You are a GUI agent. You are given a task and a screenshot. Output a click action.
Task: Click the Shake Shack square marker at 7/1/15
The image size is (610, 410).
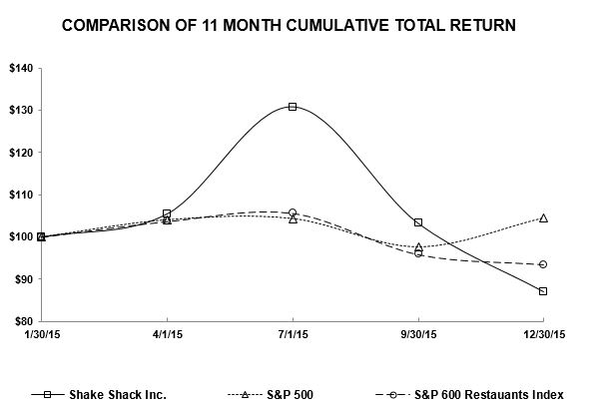click(x=293, y=107)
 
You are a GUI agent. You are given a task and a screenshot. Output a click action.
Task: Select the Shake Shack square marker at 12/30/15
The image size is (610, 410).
click(x=543, y=291)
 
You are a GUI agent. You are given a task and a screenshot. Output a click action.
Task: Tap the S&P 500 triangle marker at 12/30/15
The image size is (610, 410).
click(x=543, y=218)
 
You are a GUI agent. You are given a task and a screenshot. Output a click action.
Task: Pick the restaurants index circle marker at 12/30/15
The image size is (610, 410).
click(x=543, y=264)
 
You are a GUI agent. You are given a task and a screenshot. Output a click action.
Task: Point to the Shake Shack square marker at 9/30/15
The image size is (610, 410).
click(x=418, y=222)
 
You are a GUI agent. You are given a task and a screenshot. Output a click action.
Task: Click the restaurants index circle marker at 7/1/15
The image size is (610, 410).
click(x=293, y=212)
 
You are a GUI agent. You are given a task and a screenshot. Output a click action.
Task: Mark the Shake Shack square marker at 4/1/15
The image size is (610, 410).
click(x=167, y=213)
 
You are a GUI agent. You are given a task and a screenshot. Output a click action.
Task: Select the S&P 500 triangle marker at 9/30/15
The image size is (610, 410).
click(x=418, y=246)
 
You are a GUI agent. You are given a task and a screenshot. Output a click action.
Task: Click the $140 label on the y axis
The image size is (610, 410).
click(x=21, y=69)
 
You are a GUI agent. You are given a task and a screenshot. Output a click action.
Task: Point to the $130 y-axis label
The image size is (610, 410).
click(x=21, y=111)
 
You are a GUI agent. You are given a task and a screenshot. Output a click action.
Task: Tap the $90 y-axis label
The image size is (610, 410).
click(x=24, y=279)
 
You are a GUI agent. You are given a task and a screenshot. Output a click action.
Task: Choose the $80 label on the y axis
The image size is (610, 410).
click(x=24, y=321)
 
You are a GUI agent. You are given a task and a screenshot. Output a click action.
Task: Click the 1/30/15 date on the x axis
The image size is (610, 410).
click(x=42, y=334)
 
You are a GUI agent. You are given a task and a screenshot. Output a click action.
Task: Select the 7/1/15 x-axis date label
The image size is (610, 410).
click(x=293, y=334)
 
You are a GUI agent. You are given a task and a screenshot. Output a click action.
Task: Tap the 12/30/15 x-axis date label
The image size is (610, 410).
click(x=544, y=334)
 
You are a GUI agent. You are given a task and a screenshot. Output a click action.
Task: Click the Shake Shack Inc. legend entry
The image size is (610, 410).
click(x=99, y=395)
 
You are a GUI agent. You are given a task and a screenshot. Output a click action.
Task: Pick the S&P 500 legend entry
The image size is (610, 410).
click(x=270, y=395)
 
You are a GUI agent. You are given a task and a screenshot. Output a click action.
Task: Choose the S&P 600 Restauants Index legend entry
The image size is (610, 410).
click(x=469, y=395)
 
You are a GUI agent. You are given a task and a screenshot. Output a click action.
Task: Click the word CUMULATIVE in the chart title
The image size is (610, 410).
click(x=337, y=25)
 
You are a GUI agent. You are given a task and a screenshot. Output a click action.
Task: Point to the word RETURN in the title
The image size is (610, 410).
click(x=483, y=25)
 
